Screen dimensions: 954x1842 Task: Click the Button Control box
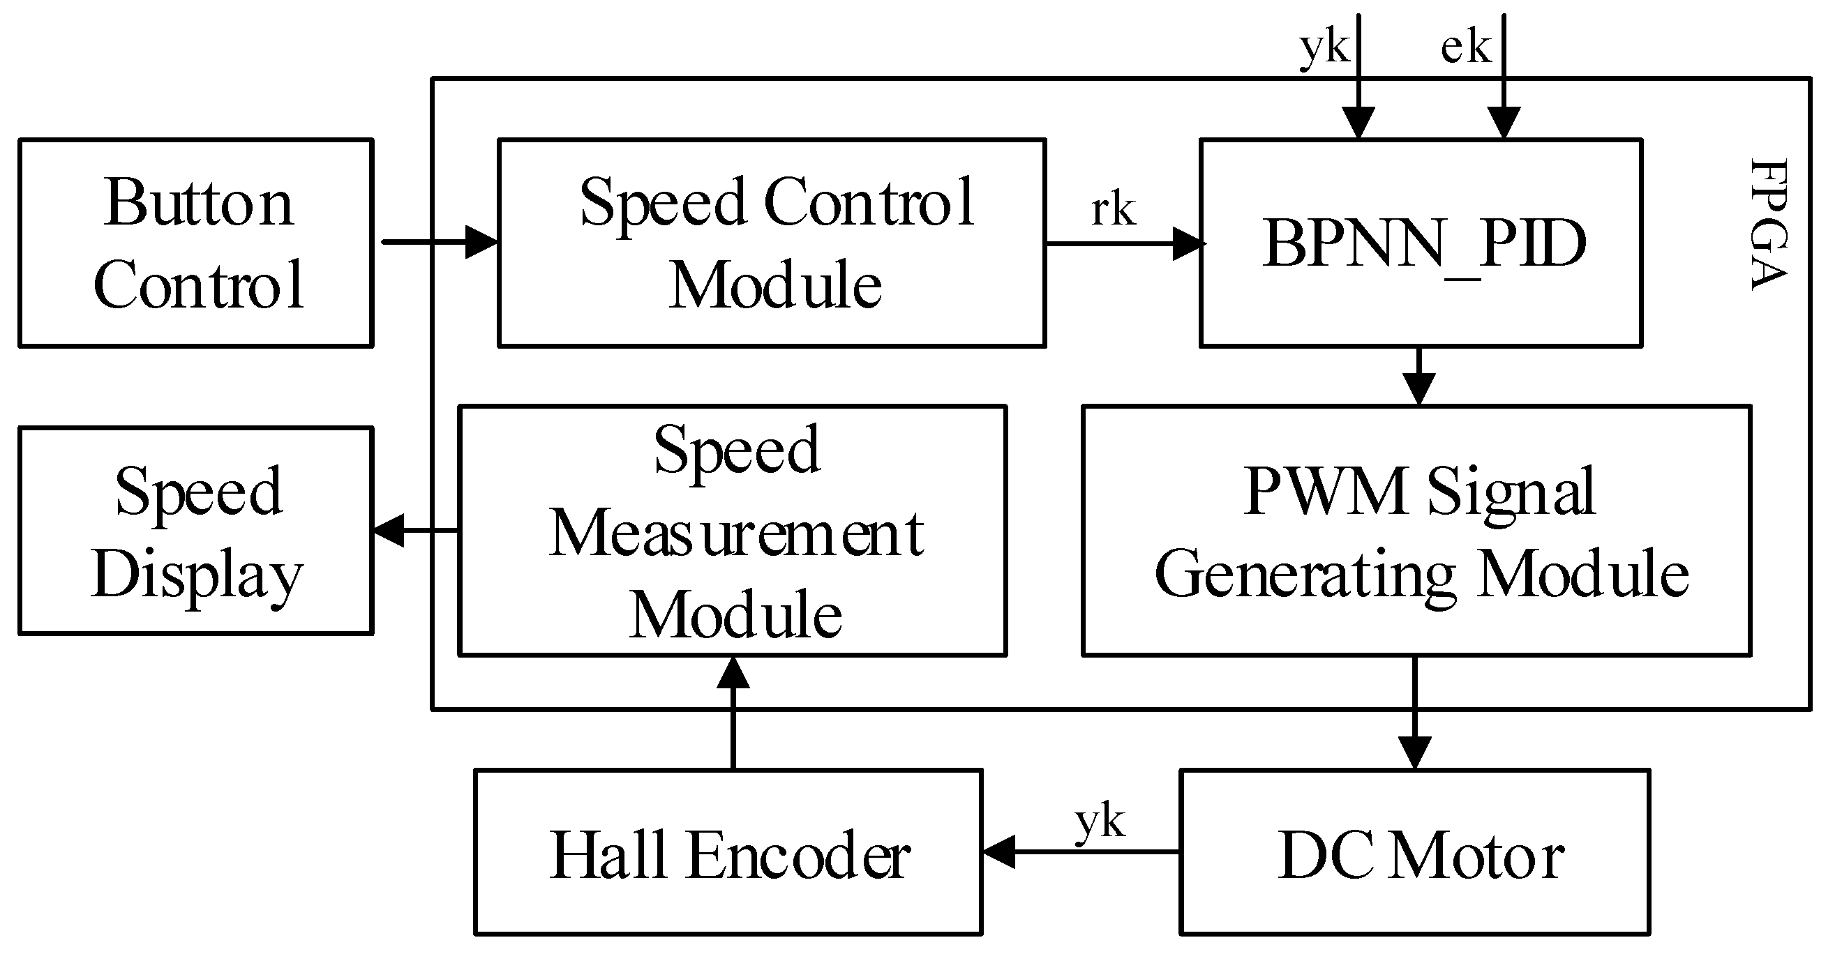click(x=195, y=243)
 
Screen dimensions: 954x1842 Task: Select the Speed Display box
click(x=195, y=531)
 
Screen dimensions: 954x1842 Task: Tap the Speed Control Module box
click(x=772, y=243)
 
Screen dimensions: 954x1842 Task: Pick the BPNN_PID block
click(x=1421, y=243)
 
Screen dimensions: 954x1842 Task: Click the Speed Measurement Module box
click(x=733, y=531)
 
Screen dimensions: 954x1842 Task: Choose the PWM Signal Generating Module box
click(x=1416, y=531)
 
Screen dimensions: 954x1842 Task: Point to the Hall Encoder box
click(x=728, y=852)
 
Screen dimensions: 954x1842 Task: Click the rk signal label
click(x=1114, y=210)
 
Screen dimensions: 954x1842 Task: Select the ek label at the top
click(x=1465, y=48)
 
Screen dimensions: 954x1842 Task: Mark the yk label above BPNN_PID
click(x=1324, y=48)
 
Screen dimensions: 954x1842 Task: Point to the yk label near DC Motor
click(x=1100, y=821)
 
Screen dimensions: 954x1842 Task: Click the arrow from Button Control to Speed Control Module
click(x=440, y=242)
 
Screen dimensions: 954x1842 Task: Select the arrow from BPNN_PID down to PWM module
click(x=1419, y=377)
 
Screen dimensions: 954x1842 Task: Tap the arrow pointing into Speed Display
click(x=414, y=531)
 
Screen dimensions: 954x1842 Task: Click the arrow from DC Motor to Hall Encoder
click(x=1080, y=851)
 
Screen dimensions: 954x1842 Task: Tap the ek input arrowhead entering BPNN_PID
click(x=1504, y=121)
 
